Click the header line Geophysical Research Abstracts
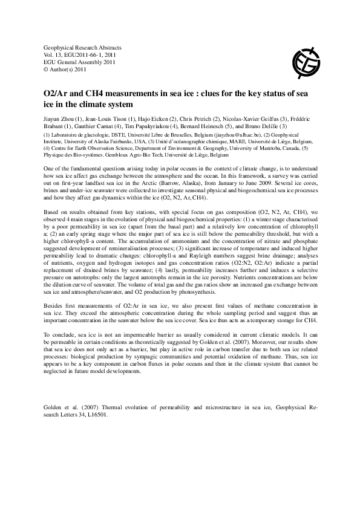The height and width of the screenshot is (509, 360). click(79, 47)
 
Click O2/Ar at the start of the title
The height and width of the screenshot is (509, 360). click(56, 92)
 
